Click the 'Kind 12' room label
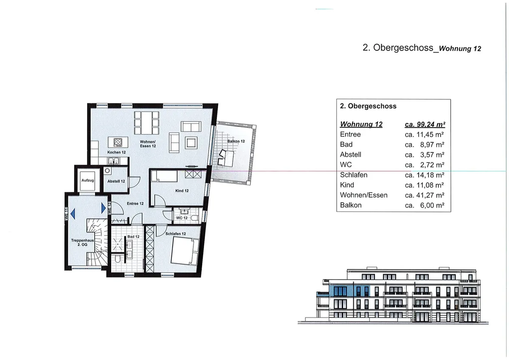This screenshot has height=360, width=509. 182,191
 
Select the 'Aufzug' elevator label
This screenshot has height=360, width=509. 87,180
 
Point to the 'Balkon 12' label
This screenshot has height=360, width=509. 236,141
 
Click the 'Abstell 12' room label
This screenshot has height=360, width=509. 116,181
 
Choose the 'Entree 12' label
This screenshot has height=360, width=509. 135,204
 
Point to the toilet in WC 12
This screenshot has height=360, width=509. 195,217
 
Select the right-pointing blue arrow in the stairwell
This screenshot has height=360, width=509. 103,208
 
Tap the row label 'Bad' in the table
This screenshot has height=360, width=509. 347,145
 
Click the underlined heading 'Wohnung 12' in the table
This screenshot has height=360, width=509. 361,124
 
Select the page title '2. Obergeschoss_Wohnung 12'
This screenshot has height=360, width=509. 422,48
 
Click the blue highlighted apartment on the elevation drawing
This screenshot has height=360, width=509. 349,291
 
